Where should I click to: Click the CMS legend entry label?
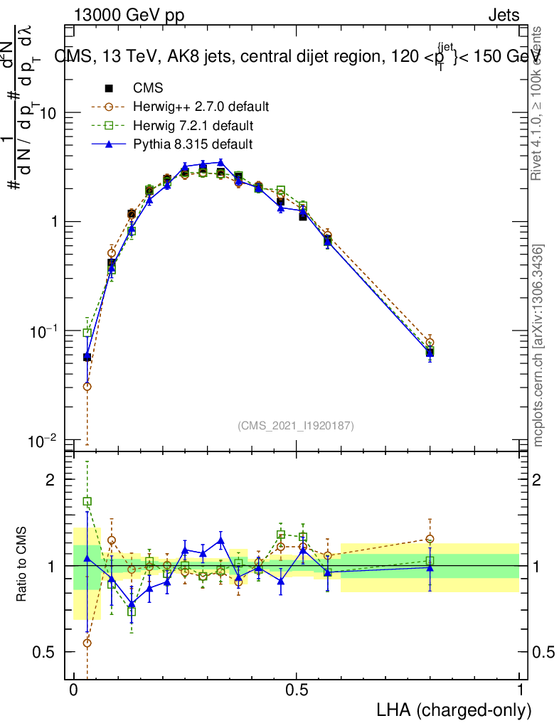[x=148, y=89]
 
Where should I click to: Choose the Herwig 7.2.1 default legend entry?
[x=193, y=126]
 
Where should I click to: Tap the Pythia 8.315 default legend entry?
[x=193, y=144]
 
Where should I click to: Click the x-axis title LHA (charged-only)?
[x=453, y=710]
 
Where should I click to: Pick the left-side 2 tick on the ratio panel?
[x=50, y=480]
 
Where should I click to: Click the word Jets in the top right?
[x=504, y=16]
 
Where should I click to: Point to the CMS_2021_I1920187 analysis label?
[x=296, y=425]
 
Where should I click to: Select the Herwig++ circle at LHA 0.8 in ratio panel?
[x=430, y=539]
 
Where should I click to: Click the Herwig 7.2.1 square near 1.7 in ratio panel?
[x=87, y=501]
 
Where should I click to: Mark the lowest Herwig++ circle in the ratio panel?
[x=87, y=643]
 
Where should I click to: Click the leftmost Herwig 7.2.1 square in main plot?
[x=87, y=332]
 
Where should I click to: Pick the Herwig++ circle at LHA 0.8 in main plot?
[x=430, y=343]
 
